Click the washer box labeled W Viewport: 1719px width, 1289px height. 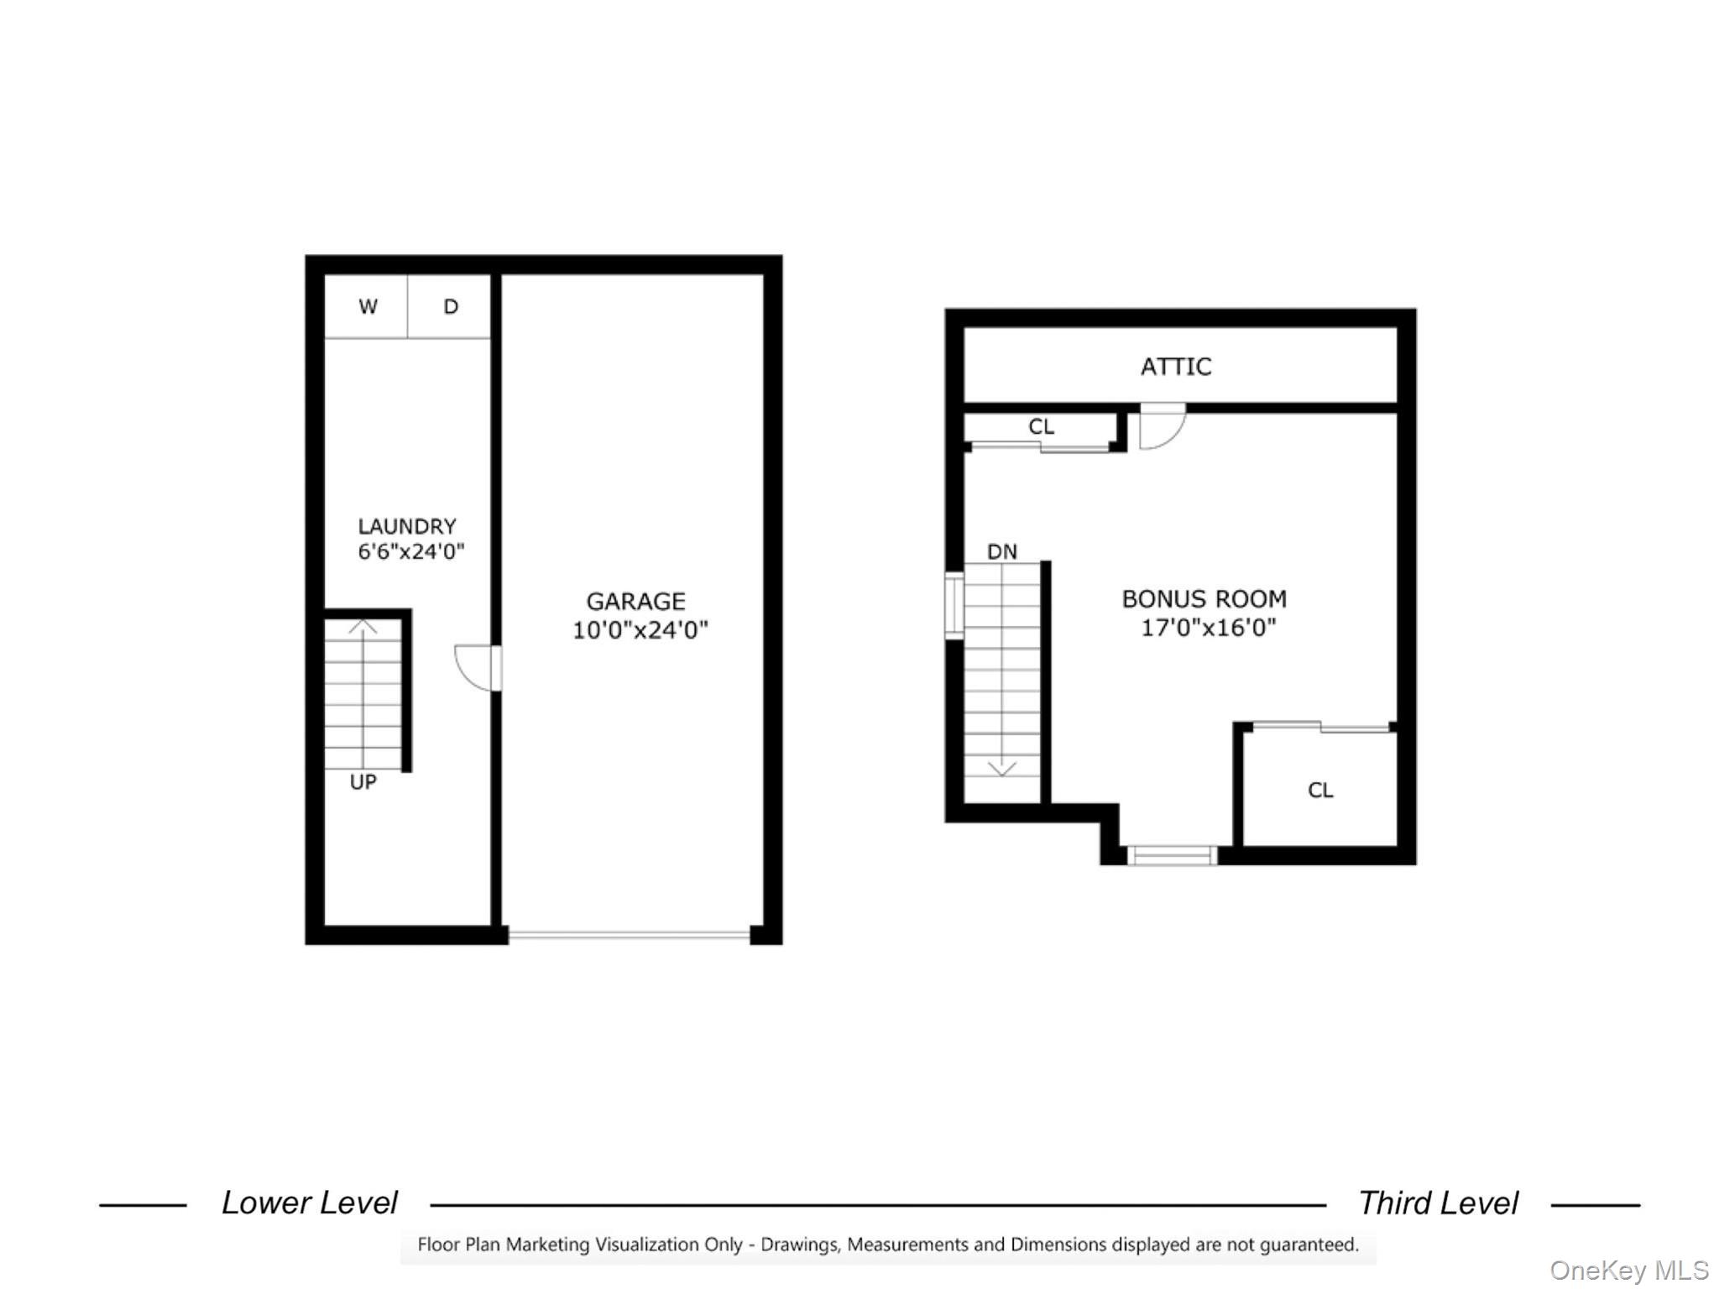click(366, 306)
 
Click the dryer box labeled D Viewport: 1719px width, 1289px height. click(449, 306)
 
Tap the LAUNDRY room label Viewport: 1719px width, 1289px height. click(407, 526)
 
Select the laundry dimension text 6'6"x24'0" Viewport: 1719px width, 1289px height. click(411, 551)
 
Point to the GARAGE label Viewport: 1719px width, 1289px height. click(635, 601)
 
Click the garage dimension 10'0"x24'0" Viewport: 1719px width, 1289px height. click(640, 629)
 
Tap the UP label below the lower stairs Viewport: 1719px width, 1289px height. click(363, 782)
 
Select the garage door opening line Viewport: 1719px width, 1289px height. click(629, 934)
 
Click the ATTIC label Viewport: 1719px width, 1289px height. click(1176, 367)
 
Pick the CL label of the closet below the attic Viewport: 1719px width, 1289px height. click(1041, 426)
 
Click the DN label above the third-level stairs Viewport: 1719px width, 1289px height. click(1002, 551)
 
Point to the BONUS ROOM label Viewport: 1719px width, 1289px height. click(1204, 599)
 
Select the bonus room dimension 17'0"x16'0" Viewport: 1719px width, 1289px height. click(1208, 628)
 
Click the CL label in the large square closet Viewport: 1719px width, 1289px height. click(1320, 790)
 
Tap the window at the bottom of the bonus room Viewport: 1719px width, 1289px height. click(1172, 855)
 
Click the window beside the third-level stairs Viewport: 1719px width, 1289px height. click(954, 606)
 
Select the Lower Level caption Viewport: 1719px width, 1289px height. click(309, 1203)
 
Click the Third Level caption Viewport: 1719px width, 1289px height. click(1439, 1203)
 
